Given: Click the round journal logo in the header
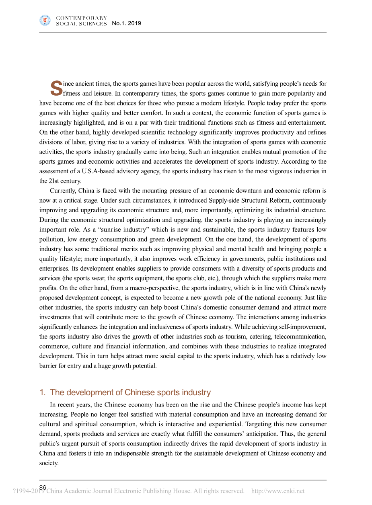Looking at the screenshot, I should point(45,21).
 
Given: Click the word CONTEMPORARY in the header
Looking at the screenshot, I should point(81,18).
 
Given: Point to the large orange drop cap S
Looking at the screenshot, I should point(56,89).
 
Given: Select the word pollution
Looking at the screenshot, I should point(50,239).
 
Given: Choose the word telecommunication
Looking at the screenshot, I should point(300,336).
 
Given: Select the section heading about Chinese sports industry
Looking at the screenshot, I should point(125,392).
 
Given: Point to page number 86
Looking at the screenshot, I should point(43,487).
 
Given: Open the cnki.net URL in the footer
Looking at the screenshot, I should point(277,491).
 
